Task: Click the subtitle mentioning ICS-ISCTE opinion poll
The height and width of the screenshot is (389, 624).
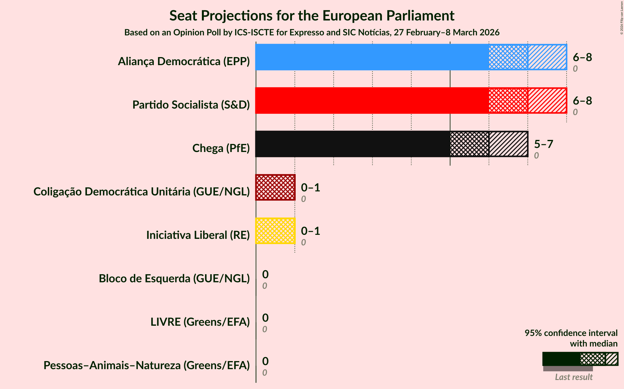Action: click(x=312, y=33)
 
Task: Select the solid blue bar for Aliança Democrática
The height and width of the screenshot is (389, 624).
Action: click(x=372, y=57)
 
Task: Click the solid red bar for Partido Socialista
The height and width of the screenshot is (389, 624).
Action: click(x=372, y=101)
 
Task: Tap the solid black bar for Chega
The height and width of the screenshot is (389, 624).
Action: click(x=353, y=144)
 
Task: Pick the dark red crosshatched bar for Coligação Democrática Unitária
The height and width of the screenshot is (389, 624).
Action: click(x=275, y=187)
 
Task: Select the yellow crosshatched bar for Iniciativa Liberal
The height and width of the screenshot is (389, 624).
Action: click(x=275, y=231)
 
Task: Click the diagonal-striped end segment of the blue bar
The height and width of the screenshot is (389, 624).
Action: click(x=547, y=57)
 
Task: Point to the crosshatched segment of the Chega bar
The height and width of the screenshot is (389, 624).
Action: click(x=469, y=144)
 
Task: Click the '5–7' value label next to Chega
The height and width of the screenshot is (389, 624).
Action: click(x=544, y=144)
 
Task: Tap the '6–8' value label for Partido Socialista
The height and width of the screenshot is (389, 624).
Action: click(x=582, y=101)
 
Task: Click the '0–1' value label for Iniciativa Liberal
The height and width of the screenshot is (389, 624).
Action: click(x=310, y=231)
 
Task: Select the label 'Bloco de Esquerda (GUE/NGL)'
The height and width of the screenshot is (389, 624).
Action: click(x=174, y=279)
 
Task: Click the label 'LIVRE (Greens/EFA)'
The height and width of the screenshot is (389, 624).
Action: click(x=200, y=322)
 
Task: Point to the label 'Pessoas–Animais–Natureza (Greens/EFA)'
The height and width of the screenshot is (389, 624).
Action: click(x=147, y=365)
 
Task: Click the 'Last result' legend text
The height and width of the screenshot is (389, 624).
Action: click(x=574, y=377)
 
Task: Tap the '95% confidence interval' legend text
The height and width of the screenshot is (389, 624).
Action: click(x=571, y=333)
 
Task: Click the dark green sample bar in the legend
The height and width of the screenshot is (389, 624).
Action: click(x=561, y=359)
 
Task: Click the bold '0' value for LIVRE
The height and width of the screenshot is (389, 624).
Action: click(x=265, y=318)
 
